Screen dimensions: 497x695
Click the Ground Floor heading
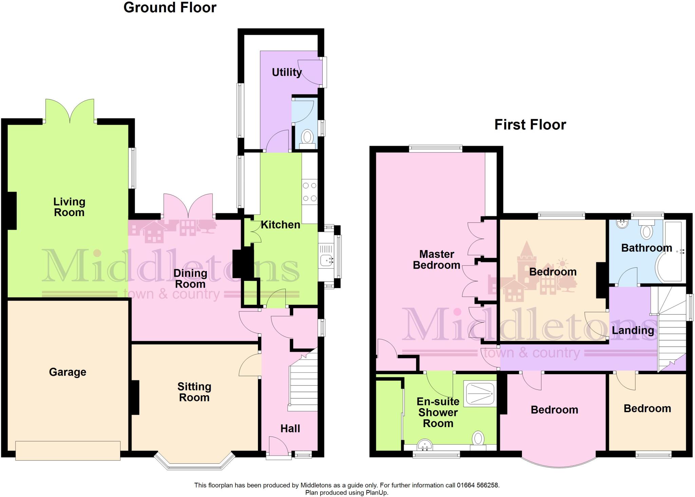point(170,7)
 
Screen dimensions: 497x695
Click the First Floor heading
point(530,125)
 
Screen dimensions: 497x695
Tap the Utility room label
point(287,72)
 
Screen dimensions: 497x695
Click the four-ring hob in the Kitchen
point(309,192)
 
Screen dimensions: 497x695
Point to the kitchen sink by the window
point(326,261)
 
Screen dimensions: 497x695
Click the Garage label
point(68,372)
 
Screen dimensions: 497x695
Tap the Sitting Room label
point(194,392)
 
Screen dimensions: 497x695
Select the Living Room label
point(69,207)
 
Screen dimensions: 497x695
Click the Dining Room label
point(190,278)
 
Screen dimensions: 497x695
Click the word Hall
point(290,428)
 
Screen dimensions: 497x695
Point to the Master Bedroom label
point(436,260)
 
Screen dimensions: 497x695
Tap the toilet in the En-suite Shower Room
point(478,438)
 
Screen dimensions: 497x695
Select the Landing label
point(633,330)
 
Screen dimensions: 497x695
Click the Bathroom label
point(646,248)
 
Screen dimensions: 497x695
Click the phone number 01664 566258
point(478,485)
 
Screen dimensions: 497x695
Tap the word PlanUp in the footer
point(376,493)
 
